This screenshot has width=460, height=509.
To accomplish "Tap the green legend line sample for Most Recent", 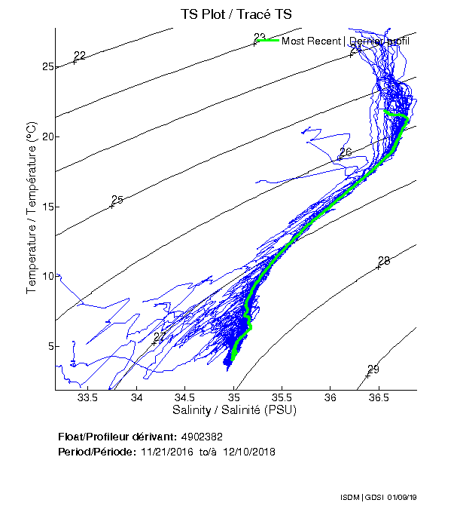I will tap(267, 41).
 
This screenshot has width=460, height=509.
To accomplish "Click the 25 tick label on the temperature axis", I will tap(48, 67).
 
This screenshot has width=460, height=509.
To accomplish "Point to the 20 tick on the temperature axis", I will tap(48, 136).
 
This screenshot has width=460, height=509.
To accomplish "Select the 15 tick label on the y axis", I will tap(48, 207).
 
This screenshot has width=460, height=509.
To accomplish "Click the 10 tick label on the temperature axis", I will tap(48, 276).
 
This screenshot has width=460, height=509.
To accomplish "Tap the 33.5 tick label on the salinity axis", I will tap(88, 398).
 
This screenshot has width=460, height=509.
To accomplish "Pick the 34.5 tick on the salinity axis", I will tap(185, 398).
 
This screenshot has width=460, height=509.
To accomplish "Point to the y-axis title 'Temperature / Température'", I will tap(32, 207).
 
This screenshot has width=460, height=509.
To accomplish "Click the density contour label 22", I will tap(80, 55).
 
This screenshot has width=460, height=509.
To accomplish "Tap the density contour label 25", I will tap(117, 200).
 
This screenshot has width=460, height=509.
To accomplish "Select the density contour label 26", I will tap(346, 152).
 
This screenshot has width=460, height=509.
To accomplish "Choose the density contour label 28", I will tap(384, 261).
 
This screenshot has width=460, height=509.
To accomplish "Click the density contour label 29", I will tap(373, 369).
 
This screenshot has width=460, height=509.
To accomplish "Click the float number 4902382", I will tap(202, 437).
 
